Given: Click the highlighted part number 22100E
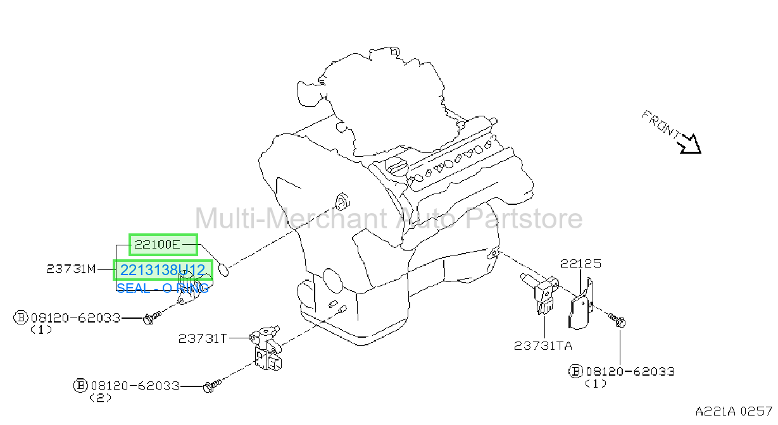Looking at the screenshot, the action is tap(156, 245).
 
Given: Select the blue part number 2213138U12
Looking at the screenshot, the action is tap(163, 270).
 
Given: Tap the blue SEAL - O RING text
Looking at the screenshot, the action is tap(163, 288).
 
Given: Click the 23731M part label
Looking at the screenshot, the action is tap(71, 269).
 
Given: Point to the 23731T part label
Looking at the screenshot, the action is tap(203, 338).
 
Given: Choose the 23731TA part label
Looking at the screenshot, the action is tap(543, 345).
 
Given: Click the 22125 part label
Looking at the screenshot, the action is tap(580, 264).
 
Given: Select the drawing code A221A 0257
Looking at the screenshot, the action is tap(733, 412).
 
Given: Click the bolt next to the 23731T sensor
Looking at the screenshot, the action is tap(212, 386).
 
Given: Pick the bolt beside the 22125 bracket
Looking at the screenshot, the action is tap(618, 320).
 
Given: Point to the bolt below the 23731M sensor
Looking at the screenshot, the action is tap(152, 317).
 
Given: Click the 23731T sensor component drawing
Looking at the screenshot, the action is tap(266, 348).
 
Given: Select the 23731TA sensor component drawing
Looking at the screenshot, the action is tap(541, 293).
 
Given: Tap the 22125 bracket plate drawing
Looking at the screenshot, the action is tap(580, 305).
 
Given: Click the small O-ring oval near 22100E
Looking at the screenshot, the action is tap(223, 269).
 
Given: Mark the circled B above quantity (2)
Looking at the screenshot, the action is tap(80, 385).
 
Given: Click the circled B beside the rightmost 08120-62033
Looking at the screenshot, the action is tap(575, 371).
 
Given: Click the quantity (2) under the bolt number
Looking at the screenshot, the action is tap(101, 398).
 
